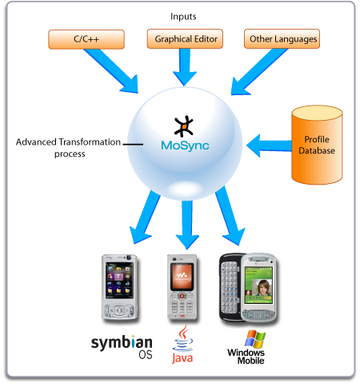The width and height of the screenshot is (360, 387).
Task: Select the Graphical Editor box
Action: (184, 38)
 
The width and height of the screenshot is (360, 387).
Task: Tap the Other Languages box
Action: (282, 38)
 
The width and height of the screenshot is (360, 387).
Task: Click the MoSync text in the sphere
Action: (186, 146)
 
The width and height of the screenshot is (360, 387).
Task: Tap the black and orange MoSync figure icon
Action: (185, 126)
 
